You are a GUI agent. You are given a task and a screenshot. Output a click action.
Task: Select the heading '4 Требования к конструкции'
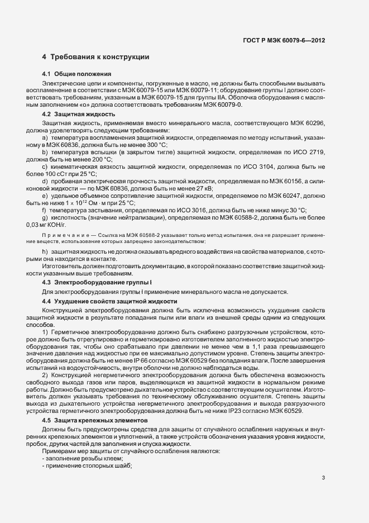coord(95,57)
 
